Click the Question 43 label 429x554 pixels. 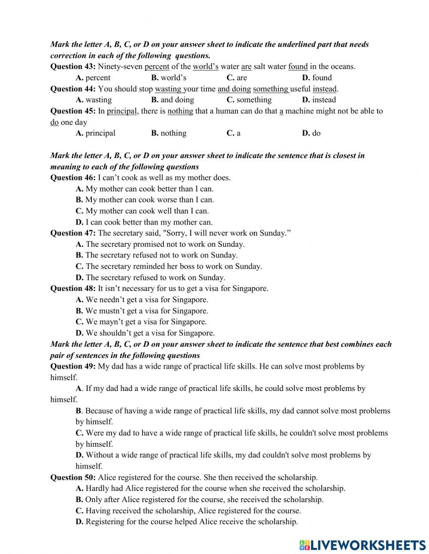click(73, 67)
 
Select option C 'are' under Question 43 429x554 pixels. click(237, 78)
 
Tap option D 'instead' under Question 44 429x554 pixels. click(319, 100)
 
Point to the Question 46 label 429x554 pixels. click(73, 178)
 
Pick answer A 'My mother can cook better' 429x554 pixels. click(145, 189)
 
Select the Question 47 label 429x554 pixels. click(73, 233)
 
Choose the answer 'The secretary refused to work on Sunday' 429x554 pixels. click(151, 278)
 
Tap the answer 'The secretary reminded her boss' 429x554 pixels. click(169, 266)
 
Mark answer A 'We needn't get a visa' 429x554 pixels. click(142, 300)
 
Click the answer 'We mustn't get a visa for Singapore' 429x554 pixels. click(142, 311)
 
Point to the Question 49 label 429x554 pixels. click(73, 366)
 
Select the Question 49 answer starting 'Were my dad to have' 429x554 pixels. click(232, 433)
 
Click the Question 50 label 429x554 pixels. click(73, 478)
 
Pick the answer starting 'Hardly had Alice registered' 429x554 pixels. click(210, 489)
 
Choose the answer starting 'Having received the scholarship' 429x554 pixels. click(188, 511)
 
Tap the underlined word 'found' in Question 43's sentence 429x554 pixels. click(298, 67)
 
